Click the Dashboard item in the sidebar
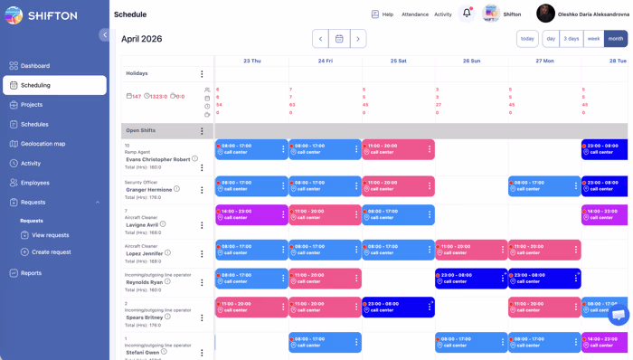pyautogui.click(x=35, y=66)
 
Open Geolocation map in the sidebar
pyautogui.click(x=43, y=144)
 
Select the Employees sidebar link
pyautogui.click(x=35, y=183)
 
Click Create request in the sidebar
pyautogui.click(x=51, y=252)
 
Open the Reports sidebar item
pyautogui.click(x=32, y=273)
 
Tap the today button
pyautogui.click(x=527, y=39)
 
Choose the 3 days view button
pyautogui.click(x=572, y=39)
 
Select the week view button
pyautogui.click(x=593, y=39)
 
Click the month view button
pyautogui.click(x=616, y=39)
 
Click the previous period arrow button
pyautogui.click(x=320, y=39)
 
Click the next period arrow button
pyautogui.click(x=358, y=39)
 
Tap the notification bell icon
pyautogui.click(x=467, y=14)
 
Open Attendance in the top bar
pyautogui.click(x=415, y=14)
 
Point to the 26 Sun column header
pyautogui.click(x=471, y=61)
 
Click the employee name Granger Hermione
pyautogui.click(x=148, y=189)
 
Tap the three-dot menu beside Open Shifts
pyautogui.click(x=202, y=131)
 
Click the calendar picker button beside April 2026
pyautogui.click(x=339, y=39)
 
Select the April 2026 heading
pyautogui.click(x=142, y=39)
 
